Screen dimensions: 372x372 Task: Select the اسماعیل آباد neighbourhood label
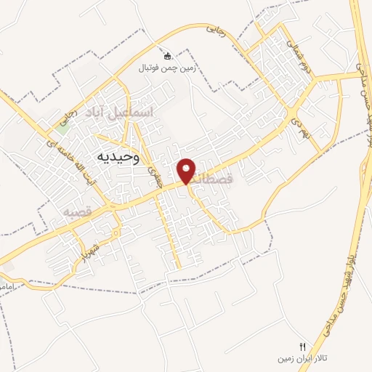pyautogui.click(x=128, y=113)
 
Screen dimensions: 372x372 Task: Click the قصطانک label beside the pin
pyautogui.click(x=216, y=177)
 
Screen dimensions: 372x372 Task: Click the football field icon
pyautogui.click(x=168, y=56)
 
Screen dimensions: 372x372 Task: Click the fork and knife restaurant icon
pyautogui.click(x=303, y=346)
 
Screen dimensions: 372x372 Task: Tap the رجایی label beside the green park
pyautogui.click(x=70, y=116)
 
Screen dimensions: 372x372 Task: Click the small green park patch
pyautogui.click(x=64, y=129)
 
